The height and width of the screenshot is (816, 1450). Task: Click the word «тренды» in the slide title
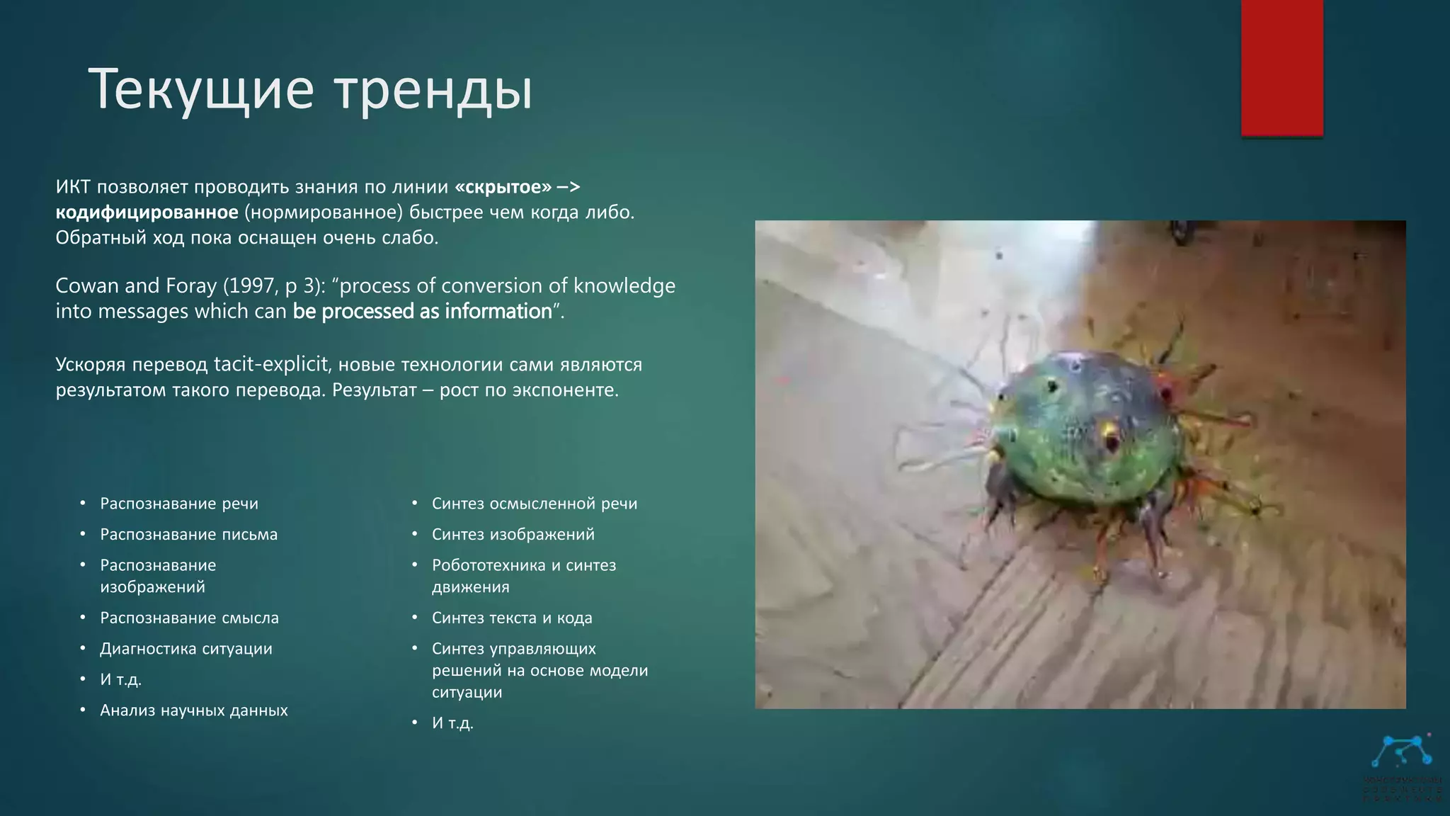[433, 90]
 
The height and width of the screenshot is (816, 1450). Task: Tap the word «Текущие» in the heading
[201, 90]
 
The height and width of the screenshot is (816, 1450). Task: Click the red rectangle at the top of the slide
[1281, 67]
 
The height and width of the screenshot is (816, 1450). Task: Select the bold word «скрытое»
[503, 187]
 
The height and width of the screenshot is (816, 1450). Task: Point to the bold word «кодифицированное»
[147, 212]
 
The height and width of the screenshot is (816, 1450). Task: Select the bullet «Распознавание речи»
[179, 504]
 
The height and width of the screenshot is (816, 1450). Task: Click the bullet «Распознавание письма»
[188, 535]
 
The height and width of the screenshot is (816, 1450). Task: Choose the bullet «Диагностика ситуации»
[186, 649]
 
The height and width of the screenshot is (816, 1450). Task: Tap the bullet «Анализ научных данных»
[194, 710]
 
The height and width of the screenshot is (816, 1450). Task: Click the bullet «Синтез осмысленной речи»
[535, 504]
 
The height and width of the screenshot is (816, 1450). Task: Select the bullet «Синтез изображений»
[513, 535]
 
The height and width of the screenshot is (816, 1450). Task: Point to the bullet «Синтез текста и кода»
[512, 618]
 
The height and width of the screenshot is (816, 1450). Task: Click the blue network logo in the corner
[1401, 753]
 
